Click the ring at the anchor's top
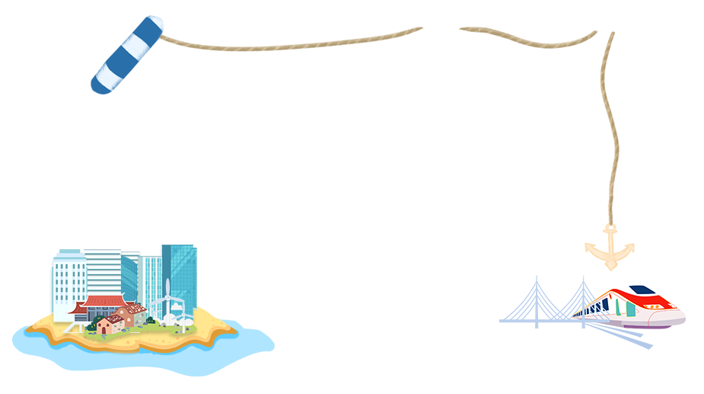point(609,229)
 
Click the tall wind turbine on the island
point(167,297)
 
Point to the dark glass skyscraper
point(181,274)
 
